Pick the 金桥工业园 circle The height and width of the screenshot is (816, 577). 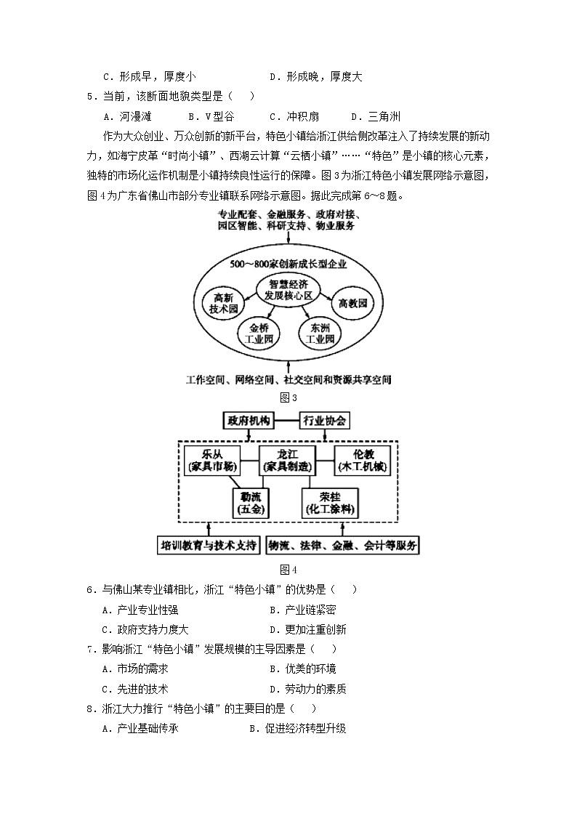pos(258,333)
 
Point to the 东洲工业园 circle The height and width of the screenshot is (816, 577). pos(319,333)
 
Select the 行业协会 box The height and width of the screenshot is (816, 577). pos(324,421)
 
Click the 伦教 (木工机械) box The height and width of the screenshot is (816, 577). pos(363,460)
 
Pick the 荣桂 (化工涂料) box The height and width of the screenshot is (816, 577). pos(330,502)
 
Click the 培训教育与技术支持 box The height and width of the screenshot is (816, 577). pos(209,546)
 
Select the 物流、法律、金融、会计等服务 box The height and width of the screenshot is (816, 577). pos(344,546)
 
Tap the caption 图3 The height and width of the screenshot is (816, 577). pos(289,397)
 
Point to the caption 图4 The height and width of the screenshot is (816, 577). pos(289,569)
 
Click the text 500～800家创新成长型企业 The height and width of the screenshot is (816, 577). pos(288,263)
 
